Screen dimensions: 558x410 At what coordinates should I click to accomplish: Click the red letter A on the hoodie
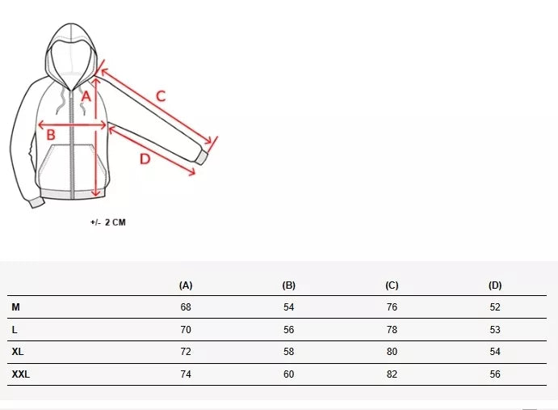coord(86,96)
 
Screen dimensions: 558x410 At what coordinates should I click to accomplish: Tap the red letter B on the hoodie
coord(51,135)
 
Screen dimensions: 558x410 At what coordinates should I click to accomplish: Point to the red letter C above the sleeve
coord(161,96)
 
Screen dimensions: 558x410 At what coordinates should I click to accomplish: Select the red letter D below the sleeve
coord(145,159)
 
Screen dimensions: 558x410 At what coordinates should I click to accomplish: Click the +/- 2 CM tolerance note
coord(108,222)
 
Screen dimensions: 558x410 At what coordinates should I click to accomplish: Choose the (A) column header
coord(186,285)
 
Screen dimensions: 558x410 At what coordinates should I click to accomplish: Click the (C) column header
coord(392,285)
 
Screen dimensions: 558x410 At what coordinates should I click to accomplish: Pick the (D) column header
coord(495,285)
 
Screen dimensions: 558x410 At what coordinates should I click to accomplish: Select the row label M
coord(15,307)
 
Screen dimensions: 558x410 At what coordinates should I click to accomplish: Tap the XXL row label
coord(21,374)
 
